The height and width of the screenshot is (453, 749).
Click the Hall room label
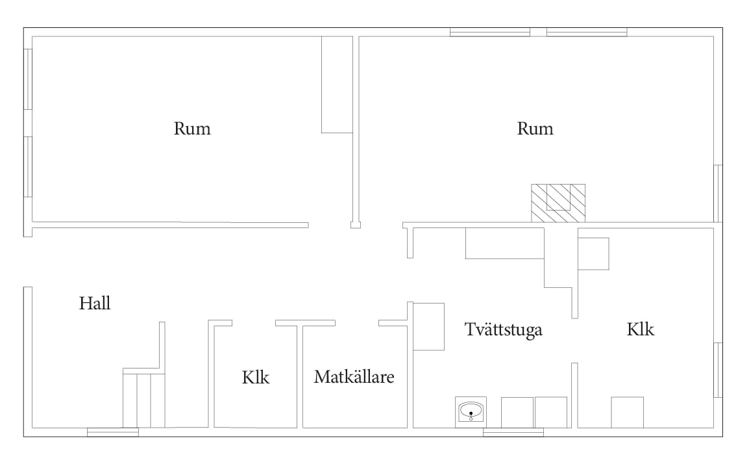pyautogui.click(x=95, y=304)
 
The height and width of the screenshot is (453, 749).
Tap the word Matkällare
pyautogui.click(x=354, y=377)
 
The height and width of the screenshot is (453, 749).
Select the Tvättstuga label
pyautogui.click(x=504, y=330)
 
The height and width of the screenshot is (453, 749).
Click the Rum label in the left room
pyautogui.click(x=192, y=129)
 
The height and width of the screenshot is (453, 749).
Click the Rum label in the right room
pyautogui.click(x=535, y=129)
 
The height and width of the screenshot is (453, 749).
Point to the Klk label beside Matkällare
pyautogui.click(x=256, y=378)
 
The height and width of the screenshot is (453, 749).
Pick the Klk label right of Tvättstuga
pyautogui.click(x=640, y=330)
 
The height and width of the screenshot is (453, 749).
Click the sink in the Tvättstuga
pyautogui.click(x=471, y=412)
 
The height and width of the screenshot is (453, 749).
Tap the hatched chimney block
pyautogui.click(x=558, y=203)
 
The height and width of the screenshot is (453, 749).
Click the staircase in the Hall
pyautogui.click(x=144, y=398)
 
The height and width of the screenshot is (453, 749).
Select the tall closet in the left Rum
pyautogui.click(x=337, y=84)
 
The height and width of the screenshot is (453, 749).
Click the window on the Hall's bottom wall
pyautogui.click(x=113, y=432)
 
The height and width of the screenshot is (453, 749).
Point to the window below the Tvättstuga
pyautogui.click(x=513, y=432)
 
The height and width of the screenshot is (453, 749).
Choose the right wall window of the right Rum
pyautogui.click(x=718, y=194)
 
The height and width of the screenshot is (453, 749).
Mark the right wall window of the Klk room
pyautogui.click(x=718, y=370)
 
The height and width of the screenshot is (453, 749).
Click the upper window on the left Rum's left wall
pyautogui.click(x=28, y=79)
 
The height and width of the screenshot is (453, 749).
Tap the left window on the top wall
pyautogui.click(x=490, y=32)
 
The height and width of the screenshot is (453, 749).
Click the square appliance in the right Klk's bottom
pyautogui.click(x=627, y=412)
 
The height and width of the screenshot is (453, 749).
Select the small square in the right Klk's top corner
pyautogui.click(x=593, y=253)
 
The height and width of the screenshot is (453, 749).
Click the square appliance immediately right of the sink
pyautogui.click(x=517, y=412)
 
